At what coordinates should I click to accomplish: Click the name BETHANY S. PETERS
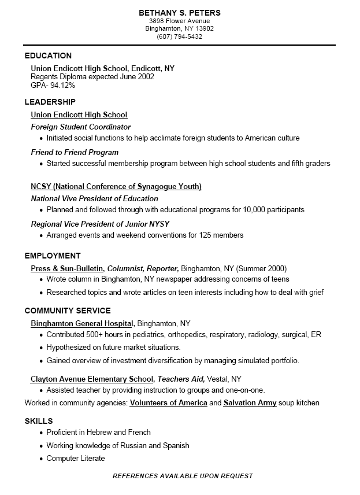coord(180,13)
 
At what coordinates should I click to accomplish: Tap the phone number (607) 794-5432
coord(180,36)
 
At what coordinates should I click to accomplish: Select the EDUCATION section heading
coord(48,56)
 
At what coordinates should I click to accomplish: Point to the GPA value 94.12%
coord(63,85)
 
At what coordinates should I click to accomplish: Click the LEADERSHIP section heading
coord(50,102)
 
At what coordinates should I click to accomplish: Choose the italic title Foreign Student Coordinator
coord(81,127)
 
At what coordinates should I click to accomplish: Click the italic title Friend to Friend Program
coord(75,152)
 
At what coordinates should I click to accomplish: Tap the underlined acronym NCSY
coord(40,186)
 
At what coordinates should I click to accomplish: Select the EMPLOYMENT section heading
coord(53,256)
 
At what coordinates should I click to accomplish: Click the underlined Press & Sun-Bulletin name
coord(67,268)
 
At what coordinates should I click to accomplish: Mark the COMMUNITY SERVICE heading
coord(68,311)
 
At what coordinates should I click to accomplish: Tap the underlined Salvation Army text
coord(250,402)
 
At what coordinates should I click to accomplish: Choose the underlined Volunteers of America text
coord(168,402)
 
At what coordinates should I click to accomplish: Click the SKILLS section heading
coord(39,421)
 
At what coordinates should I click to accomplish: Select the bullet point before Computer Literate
coord(41,459)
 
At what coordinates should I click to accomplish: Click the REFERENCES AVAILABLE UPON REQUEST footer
coord(183,476)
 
